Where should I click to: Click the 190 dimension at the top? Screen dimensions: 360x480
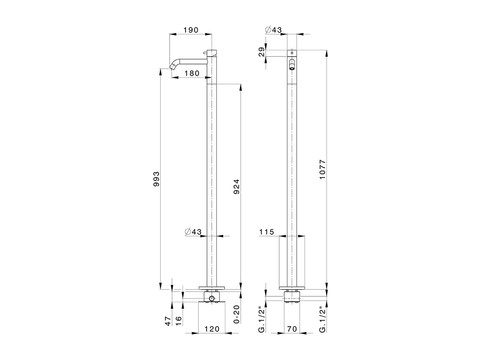pyautogui.click(x=190, y=30)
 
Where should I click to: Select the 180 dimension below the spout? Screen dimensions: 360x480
pyautogui.click(x=192, y=73)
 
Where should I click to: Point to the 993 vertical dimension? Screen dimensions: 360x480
pyautogui.click(x=156, y=179)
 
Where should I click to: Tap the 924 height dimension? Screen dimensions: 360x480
pyautogui.click(x=236, y=186)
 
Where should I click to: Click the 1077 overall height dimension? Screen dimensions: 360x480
pyautogui.click(x=323, y=169)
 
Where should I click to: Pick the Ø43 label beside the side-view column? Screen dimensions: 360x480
pyautogui.click(x=193, y=232)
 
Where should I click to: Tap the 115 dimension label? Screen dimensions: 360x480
pyautogui.click(x=267, y=232)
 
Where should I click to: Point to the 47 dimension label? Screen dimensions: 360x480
pyautogui.click(x=168, y=321)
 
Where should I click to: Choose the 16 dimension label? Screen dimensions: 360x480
pyautogui.click(x=179, y=321)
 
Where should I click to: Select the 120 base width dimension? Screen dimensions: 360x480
pyautogui.click(x=212, y=329)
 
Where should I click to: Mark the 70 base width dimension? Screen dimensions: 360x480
pyautogui.click(x=292, y=329)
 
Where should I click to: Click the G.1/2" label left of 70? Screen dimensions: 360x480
pyautogui.click(x=262, y=319)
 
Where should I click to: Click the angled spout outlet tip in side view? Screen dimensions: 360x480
pyautogui.click(x=174, y=67)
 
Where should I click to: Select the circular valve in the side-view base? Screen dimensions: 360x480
pyautogui.click(x=212, y=298)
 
